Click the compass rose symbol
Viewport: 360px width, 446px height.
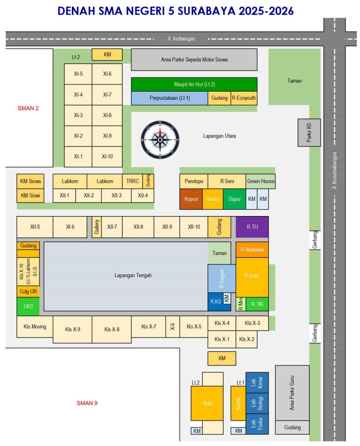160,140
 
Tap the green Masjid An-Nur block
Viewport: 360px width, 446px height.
194,84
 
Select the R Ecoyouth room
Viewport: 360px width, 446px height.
244,98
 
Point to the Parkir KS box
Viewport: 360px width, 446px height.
310,132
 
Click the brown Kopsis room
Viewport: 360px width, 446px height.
191,199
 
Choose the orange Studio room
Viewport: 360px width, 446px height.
213,199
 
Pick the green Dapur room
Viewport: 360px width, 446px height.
235,199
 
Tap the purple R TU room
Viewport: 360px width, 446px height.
252,226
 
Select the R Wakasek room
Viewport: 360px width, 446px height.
252,250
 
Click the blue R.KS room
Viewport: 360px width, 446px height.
215,301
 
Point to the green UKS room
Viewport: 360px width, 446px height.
28,306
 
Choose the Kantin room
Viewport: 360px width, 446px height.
238,403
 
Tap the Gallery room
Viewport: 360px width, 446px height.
97,227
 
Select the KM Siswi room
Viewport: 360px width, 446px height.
30,196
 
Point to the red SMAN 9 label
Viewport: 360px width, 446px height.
87,403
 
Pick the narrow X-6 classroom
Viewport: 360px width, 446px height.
173,327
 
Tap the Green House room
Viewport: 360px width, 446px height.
261,181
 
